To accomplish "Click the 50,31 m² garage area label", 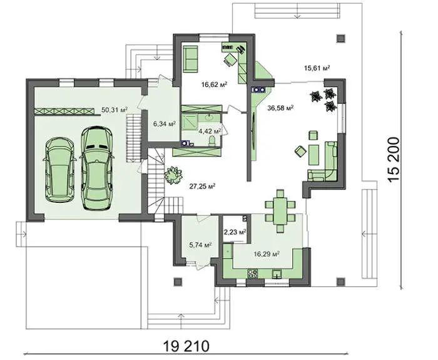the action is point(115,110).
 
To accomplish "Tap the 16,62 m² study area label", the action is point(214,84).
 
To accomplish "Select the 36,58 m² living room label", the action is point(280,108).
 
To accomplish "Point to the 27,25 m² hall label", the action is point(202,186).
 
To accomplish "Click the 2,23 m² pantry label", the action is point(235,232).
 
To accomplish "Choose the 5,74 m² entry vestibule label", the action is point(200,245).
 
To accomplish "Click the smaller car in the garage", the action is point(60,170).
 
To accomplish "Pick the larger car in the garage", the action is point(97,168).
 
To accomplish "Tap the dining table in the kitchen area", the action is point(280,211).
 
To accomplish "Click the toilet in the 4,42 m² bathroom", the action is point(213,141).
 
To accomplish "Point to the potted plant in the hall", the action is point(173,175).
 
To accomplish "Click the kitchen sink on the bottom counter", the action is point(277,274).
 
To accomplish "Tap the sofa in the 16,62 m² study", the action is point(191,59).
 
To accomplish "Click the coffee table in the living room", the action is point(313,155).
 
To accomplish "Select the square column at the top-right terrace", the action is point(340,38).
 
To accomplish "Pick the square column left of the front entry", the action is point(178,282).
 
